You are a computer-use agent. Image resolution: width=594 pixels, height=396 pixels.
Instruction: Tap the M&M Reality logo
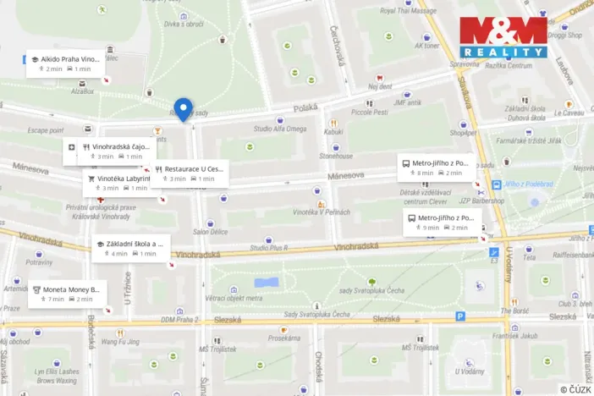click(503, 37)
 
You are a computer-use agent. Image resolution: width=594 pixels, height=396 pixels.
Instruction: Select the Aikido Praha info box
click(65, 63)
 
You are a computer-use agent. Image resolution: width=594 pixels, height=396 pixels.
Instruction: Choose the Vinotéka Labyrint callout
click(118, 183)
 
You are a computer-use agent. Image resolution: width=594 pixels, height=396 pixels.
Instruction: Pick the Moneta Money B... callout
click(66, 294)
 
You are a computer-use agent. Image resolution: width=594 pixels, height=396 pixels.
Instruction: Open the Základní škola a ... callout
click(130, 248)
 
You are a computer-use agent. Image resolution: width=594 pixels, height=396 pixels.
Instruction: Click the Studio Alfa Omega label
click(279, 129)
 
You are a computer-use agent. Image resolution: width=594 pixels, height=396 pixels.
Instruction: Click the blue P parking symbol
click(460, 316)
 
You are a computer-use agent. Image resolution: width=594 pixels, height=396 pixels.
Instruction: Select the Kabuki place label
click(333, 131)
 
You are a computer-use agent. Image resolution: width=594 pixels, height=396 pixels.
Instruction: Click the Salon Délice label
click(210, 232)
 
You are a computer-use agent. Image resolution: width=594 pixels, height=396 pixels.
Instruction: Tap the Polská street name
click(305, 108)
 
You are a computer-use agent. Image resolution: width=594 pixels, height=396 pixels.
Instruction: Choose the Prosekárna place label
click(284, 338)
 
